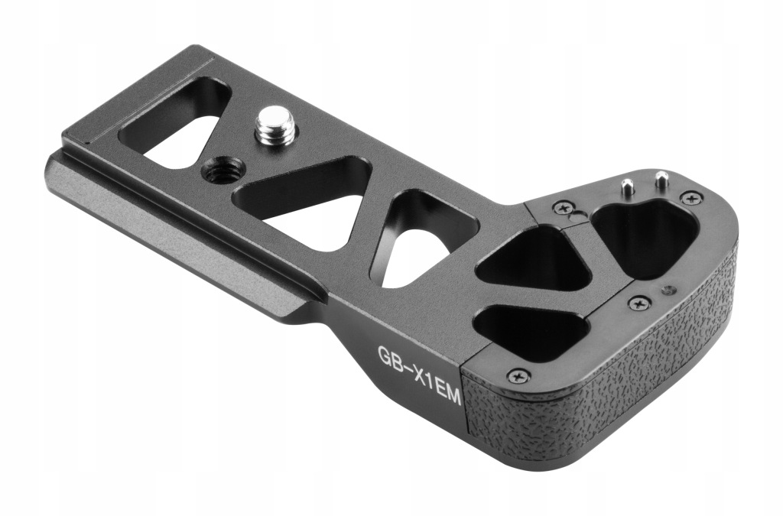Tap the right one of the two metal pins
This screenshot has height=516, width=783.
coord(661,180)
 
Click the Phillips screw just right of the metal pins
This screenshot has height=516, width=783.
coord(691,198)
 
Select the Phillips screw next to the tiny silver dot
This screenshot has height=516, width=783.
coord(639,303)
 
